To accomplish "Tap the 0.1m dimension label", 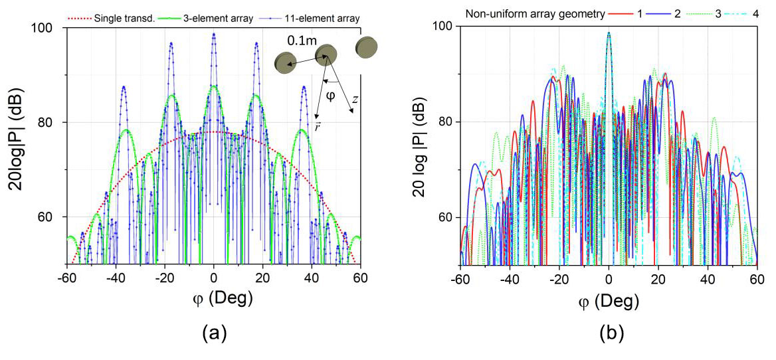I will [x=302, y=41].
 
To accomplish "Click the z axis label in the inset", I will [x=357, y=98].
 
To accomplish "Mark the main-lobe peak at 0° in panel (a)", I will [x=213, y=34].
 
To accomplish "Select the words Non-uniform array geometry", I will [x=530, y=13].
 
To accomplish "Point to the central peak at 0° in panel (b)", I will [x=609, y=33].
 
